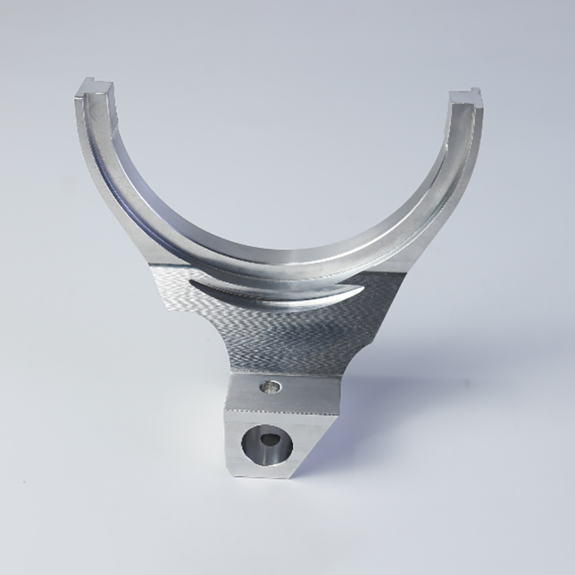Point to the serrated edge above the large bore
280,413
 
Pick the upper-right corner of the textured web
399,277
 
